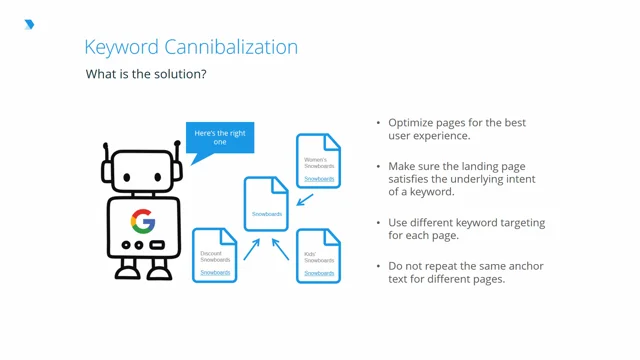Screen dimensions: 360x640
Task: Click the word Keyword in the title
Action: [116, 47]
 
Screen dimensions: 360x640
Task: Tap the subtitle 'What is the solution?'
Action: [146, 74]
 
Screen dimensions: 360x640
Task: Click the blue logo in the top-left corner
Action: [29, 24]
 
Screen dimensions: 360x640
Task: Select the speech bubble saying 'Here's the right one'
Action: [220, 137]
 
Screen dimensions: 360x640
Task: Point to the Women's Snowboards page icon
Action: [319, 161]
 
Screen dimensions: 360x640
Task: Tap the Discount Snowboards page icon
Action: [214, 255]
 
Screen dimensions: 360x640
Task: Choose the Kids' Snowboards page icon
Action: [319, 255]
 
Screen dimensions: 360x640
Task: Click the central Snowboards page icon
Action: [267, 204]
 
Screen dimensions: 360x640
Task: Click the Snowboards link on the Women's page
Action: [319, 179]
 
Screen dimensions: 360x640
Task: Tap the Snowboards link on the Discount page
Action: [214, 272]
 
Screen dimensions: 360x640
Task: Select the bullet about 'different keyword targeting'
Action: [466, 229]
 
